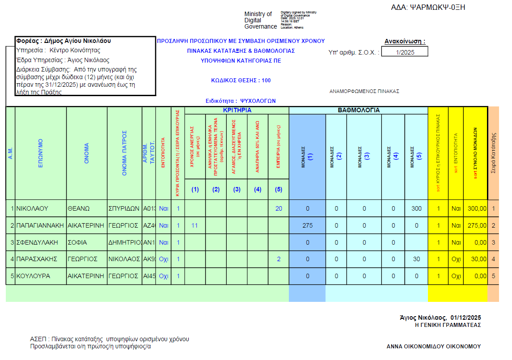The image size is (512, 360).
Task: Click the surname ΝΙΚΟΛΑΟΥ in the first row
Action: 32,208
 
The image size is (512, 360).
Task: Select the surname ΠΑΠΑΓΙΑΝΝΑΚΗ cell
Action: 40,225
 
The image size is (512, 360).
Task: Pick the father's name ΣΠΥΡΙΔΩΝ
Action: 124,208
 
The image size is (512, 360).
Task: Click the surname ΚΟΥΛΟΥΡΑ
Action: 33,276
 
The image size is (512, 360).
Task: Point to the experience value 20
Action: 279,208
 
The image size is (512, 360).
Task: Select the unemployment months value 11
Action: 195,225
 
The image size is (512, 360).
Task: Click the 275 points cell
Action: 307,225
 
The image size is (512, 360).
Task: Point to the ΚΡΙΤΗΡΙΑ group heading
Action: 237,110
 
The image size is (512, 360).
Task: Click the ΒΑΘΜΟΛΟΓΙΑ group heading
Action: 359,110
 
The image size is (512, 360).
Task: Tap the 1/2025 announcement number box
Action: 405,52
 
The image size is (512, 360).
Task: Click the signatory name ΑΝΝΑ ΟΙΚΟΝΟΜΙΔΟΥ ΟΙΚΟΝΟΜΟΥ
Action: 433,346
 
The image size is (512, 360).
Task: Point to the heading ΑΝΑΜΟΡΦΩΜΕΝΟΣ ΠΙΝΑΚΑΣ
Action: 364,91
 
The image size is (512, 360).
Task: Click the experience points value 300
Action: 416,208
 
